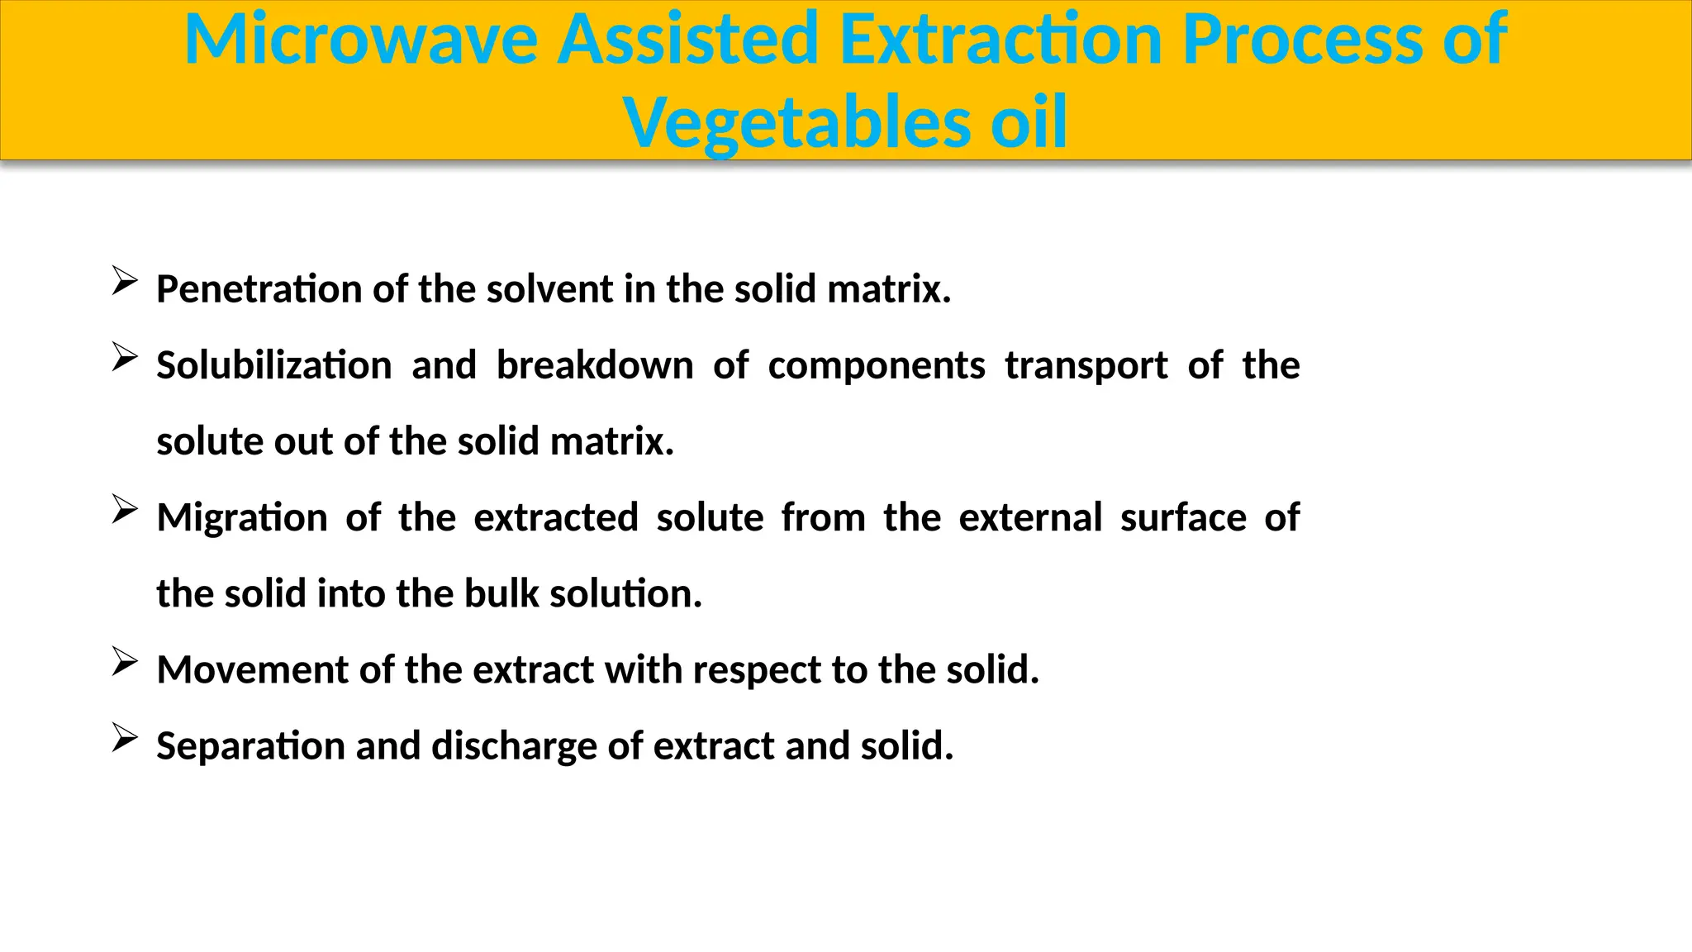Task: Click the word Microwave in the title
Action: pyautogui.click(x=360, y=40)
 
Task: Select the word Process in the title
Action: pyautogui.click(x=1302, y=40)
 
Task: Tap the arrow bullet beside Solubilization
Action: pyautogui.click(x=124, y=357)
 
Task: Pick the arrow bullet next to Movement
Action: pyautogui.click(x=124, y=661)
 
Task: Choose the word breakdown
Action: pyautogui.click(x=594, y=365)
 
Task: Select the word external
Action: pyautogui.click(x=1030, y=517)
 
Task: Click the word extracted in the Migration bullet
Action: pyautogui.click(x=556, y=517)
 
